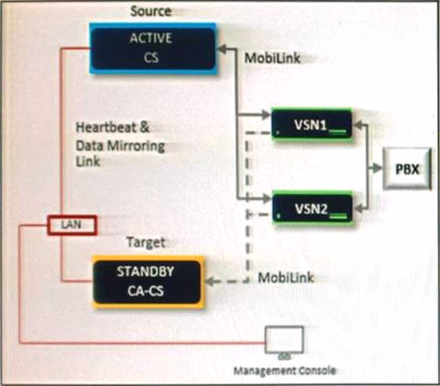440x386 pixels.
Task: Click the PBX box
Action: coord(405,168)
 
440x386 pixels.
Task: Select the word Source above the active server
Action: coord(151,11)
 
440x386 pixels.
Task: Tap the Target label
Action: coord(146,242)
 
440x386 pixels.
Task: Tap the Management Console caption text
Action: coord(284,371)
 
